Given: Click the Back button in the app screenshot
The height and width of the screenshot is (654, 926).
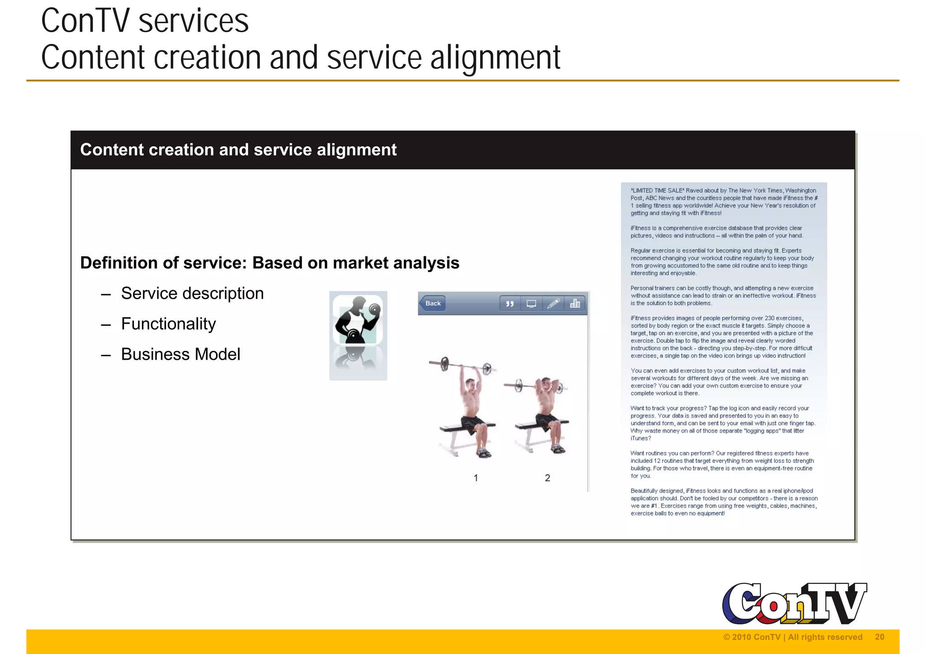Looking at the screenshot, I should [x=432, y=303].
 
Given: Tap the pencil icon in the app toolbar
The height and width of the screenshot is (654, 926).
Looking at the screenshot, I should [x=553, y=303].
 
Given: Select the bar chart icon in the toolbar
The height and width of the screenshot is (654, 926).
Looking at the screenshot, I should [x=575, y=303].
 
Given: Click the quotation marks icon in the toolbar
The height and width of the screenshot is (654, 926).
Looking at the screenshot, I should [x=510, y=304].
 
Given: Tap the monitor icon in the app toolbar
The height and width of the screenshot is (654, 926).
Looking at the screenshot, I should [x=531, y=303].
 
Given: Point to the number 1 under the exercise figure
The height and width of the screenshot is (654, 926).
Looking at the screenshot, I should [x=476, y=478].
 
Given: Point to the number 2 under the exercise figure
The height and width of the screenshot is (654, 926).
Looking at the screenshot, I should [x=548, y=478].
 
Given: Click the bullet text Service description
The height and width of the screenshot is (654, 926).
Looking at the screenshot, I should [x=192, y=293].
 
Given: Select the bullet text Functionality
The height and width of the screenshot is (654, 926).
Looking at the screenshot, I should [x=168, y=324].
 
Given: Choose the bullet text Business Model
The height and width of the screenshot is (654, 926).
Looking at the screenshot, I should [x=180, y=354].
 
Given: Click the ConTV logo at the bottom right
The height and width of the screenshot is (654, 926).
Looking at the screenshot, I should [x=794, y=603].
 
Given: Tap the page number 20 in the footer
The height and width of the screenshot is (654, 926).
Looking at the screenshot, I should [x=879, y=637].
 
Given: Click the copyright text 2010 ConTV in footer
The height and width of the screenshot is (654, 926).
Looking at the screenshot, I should [x=792, y=637].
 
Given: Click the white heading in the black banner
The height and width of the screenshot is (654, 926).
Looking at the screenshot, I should [x=238, y=150].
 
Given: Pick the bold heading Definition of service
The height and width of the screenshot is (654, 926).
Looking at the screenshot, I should [x=269, y=263].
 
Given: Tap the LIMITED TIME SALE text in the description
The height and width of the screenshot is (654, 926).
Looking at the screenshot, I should [x=657, y=190].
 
